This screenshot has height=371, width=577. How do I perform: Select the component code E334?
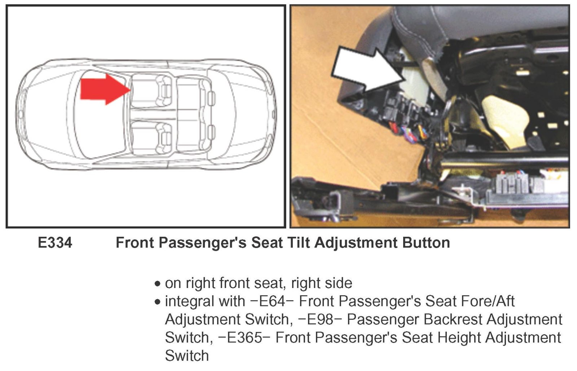tap(55, 243)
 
